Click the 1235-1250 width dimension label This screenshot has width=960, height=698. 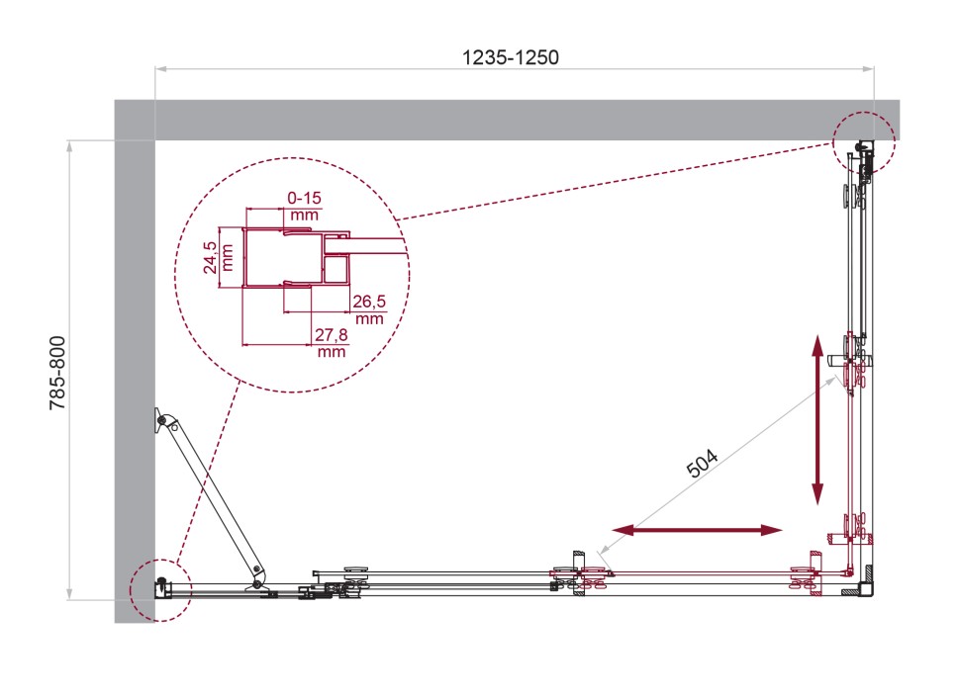point(510,57)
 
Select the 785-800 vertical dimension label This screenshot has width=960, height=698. point(57,373)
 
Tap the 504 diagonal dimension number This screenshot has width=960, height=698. point(703,463)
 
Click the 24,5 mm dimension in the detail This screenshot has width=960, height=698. point(219,257)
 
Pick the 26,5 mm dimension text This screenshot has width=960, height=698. point(369,309)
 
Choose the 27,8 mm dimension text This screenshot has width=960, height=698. point(332,343)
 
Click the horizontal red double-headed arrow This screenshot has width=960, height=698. point(698,530)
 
